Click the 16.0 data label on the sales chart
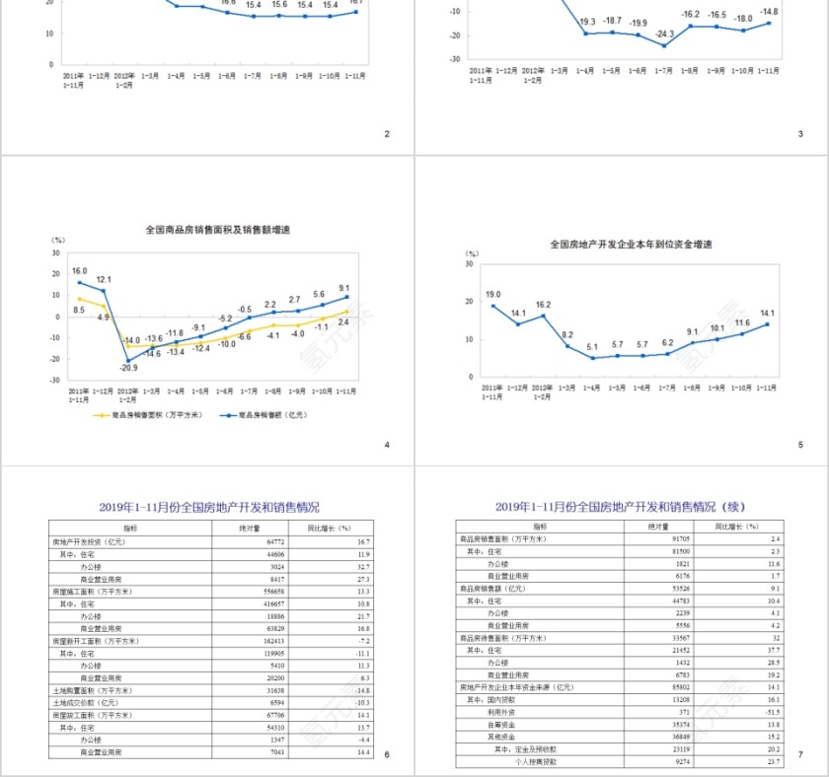pyautogui.click(x=80, y=270)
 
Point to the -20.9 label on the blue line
pyautogui.click(x=128, y=367)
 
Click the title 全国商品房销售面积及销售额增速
pyautogui.click(x=218, y=229)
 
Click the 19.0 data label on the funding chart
pyautogui.click(x=492, y=294)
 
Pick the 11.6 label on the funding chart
pyautogui.click(x=742, y=322)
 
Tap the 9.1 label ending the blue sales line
pyautogui.click(x=343, y=288)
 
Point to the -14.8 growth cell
pyautogui.click(x=360, y=691)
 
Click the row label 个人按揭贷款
pyautogui.click(x=536, y=761)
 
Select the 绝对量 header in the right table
pyautogui.click(x=657, y=528)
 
